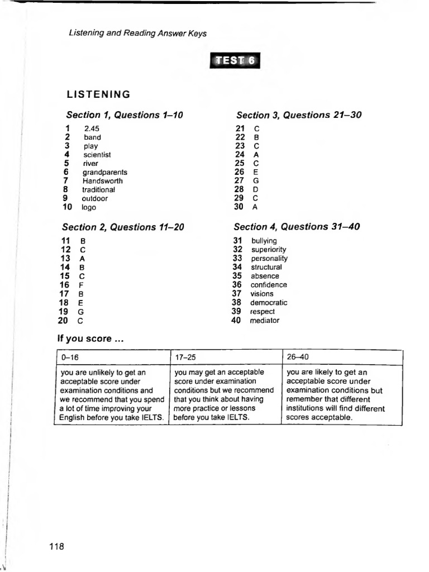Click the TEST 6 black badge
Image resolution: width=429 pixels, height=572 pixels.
[x=235, y=61]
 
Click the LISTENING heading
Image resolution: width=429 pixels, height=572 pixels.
[x=98, y=94]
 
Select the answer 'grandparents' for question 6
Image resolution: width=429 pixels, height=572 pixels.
[x=105, y=173]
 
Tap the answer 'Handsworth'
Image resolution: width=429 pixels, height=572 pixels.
[x=103, y=181]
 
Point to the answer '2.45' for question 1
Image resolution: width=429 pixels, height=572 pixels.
[x=92, y=128]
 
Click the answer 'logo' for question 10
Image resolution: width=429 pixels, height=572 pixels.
[x=89, y=207]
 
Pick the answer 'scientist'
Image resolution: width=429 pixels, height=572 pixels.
[x=97, y=155]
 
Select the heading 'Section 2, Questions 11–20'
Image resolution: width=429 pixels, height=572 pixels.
[x=123, y=227]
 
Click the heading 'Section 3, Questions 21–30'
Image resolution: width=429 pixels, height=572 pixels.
[x=299, y=115]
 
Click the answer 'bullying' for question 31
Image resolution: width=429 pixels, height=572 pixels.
[x=264, y=241]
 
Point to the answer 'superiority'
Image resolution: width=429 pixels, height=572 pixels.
[x=268, y=250]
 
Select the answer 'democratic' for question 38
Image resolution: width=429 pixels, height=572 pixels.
[x=269, y=303]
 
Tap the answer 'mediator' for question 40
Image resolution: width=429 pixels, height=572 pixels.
[x=265, y=321]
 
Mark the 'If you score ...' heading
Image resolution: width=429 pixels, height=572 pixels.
[x=90, y=339]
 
